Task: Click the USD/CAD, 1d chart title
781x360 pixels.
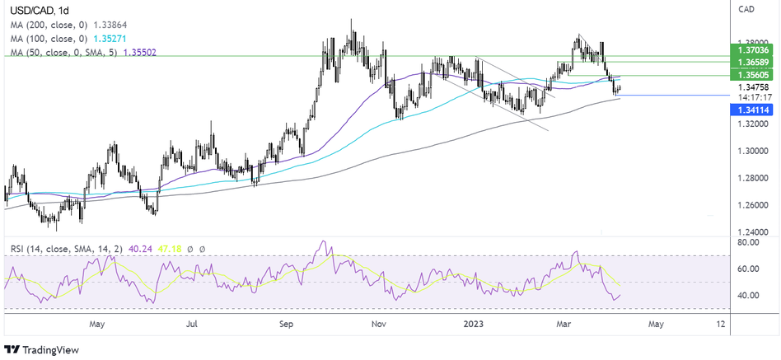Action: click(x=36, y=9)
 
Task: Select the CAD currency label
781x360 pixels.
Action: click(x=747, y=9)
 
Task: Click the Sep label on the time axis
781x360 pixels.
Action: click(x=288, y=324)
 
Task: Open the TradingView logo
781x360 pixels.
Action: click(x=41, y=349)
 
